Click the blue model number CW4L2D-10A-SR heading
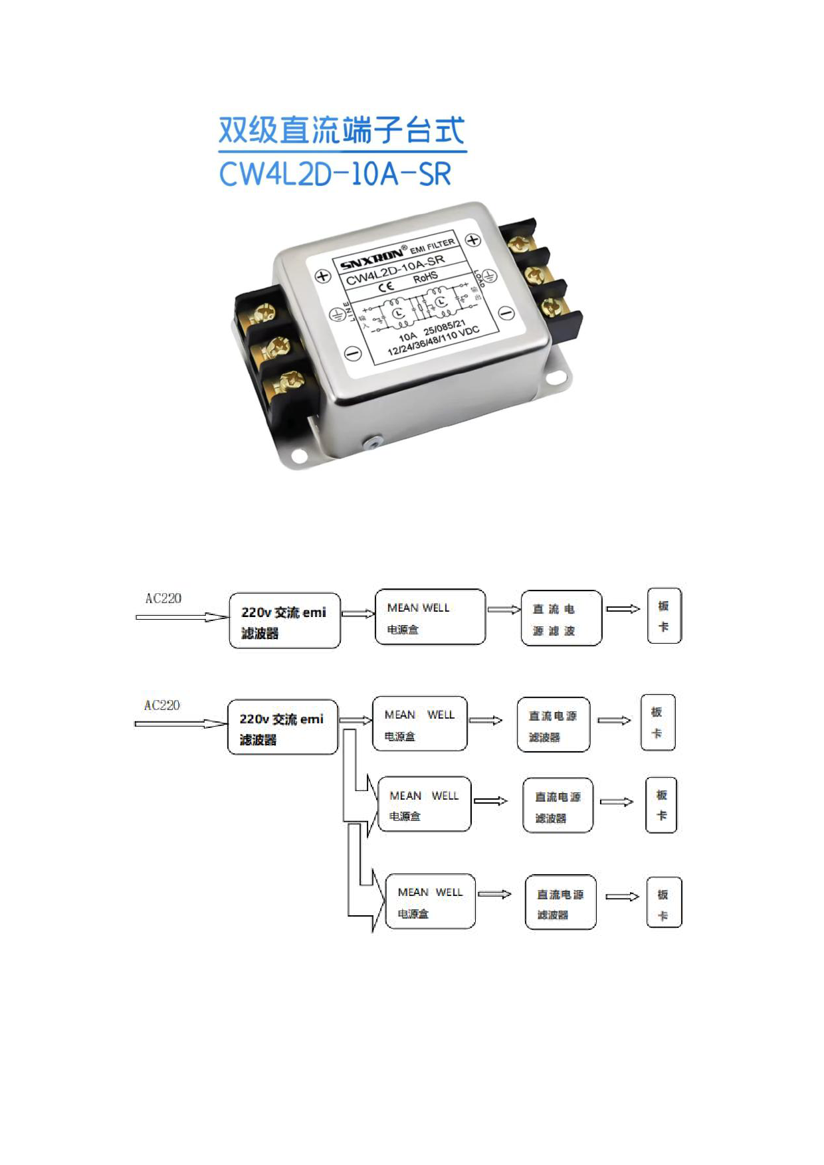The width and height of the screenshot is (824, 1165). [335, 174]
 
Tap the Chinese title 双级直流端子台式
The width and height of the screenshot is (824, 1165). [342, 130]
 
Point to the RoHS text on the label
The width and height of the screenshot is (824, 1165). [425, 277]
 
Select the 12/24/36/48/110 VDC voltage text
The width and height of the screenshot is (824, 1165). [433, 341]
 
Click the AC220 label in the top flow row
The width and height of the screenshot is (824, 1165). [163, 598]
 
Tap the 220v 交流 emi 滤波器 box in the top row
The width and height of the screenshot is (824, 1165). [284, 621]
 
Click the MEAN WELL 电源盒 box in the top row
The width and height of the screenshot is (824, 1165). [430, 617]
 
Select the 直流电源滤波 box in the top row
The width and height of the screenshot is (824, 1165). [562, 618]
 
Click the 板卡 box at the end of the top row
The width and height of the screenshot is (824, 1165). [664, 616]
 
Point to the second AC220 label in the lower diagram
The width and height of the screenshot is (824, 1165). [162, 705]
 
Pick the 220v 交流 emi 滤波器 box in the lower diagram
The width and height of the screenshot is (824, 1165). [282, 727]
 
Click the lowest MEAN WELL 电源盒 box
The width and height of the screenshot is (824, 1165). [431, 901]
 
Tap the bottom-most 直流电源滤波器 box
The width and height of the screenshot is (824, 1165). [560, 903]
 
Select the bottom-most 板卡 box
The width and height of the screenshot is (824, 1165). [664, 903]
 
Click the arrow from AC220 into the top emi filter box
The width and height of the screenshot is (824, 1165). [181, 617]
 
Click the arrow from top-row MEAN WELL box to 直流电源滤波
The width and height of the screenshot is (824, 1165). [504, 610]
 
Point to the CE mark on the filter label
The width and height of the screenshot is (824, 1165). [386, 287]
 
